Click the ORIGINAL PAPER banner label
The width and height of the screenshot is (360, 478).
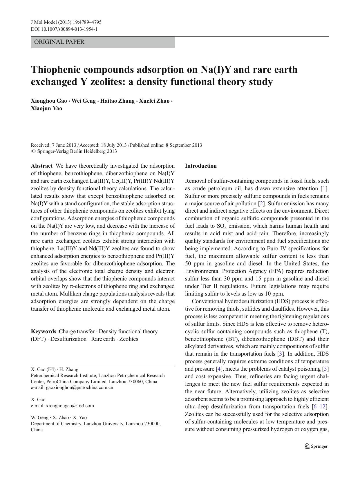tap(59, 42)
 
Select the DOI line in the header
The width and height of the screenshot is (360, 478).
tap(64, 29)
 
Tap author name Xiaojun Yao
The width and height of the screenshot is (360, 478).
tap(46, 108)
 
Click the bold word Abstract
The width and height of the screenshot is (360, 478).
tap(42, 166)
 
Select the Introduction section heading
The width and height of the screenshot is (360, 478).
tap(201, 166)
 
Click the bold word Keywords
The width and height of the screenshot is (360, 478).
tap(44, 331)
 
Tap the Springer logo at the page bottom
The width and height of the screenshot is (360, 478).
tap(316, 446)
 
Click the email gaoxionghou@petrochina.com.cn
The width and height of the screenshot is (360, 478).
tap(79, 388)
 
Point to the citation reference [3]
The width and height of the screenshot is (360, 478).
tap(281, 354)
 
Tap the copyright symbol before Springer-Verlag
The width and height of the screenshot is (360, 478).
tap(33, 151)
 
